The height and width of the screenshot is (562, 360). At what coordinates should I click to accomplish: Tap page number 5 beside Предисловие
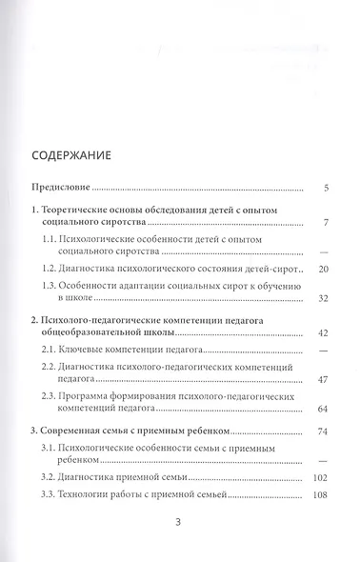(326, 188)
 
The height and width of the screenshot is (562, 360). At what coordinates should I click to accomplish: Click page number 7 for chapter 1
(326, 223)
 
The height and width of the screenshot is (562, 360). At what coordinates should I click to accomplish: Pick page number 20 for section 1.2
(323, 271)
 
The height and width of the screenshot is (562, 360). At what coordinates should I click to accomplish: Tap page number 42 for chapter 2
(323, 334)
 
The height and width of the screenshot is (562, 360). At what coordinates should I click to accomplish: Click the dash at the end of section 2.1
(325, 352)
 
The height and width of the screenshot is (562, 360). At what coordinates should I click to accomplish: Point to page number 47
(323, 380)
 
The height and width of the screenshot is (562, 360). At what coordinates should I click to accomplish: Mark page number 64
(323, 409)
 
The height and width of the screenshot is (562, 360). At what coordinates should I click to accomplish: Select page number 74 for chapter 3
(323, 432)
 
